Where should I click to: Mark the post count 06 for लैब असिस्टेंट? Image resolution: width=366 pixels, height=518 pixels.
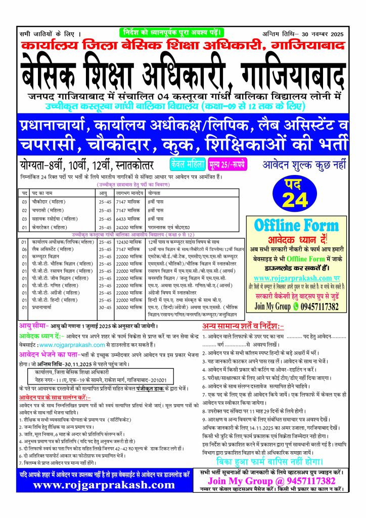(x=24, y=249)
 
